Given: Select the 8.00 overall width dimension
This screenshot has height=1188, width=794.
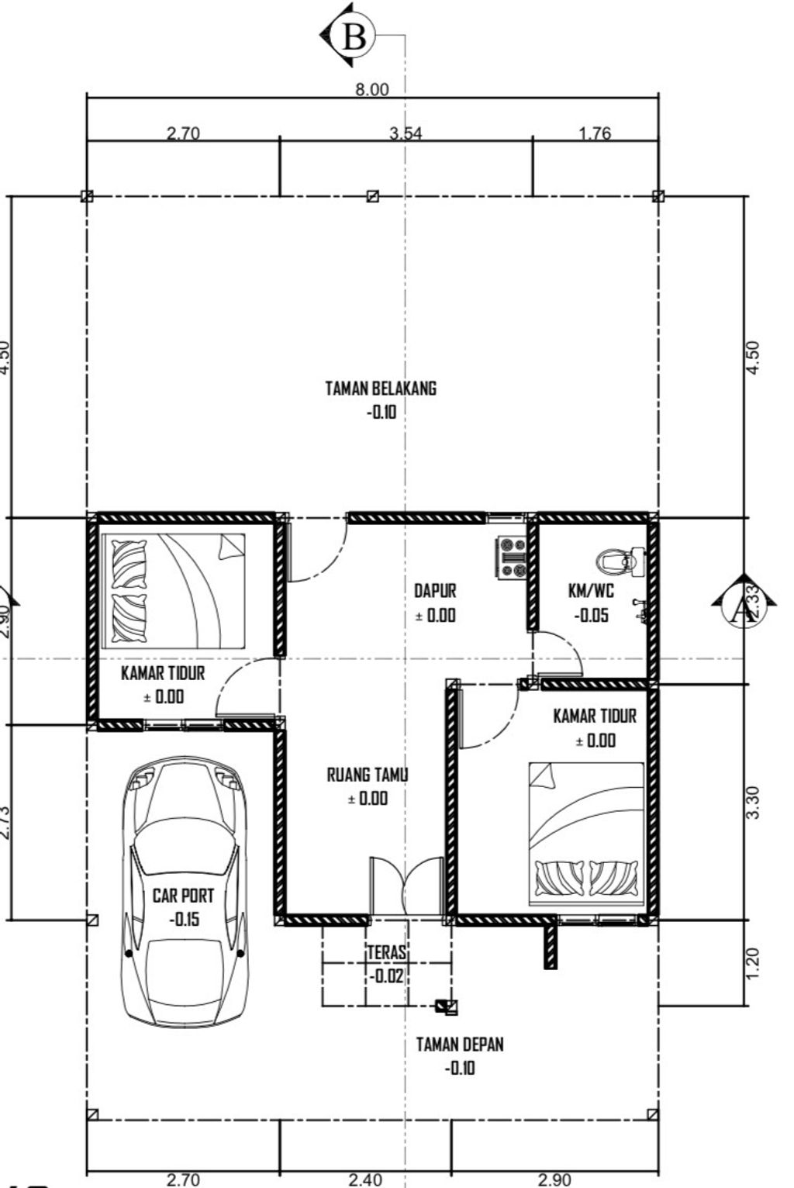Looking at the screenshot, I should point(371,89).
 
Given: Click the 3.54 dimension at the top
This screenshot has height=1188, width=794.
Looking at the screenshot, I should point(406,133).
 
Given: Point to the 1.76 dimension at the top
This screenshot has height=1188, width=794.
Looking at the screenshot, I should point(595,133).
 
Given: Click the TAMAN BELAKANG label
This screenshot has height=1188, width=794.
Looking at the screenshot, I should point(381,388).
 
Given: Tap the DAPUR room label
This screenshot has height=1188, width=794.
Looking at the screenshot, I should point(435,591).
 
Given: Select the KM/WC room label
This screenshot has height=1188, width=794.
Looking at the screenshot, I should point(591,591).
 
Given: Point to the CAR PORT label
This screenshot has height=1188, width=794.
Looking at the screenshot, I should point(183,896).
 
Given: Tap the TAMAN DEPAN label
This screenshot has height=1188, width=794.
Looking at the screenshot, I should point(460,1044).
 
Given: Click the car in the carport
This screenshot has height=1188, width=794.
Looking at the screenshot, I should point(185,892).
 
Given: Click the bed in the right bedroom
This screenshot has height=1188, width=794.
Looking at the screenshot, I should point(586,834).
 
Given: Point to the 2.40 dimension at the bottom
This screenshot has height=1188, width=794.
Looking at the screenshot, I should point(364,1179).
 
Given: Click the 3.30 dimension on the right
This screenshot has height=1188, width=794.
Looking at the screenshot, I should point(753,802).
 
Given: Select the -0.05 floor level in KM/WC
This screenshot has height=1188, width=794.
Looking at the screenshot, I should point(591,616).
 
